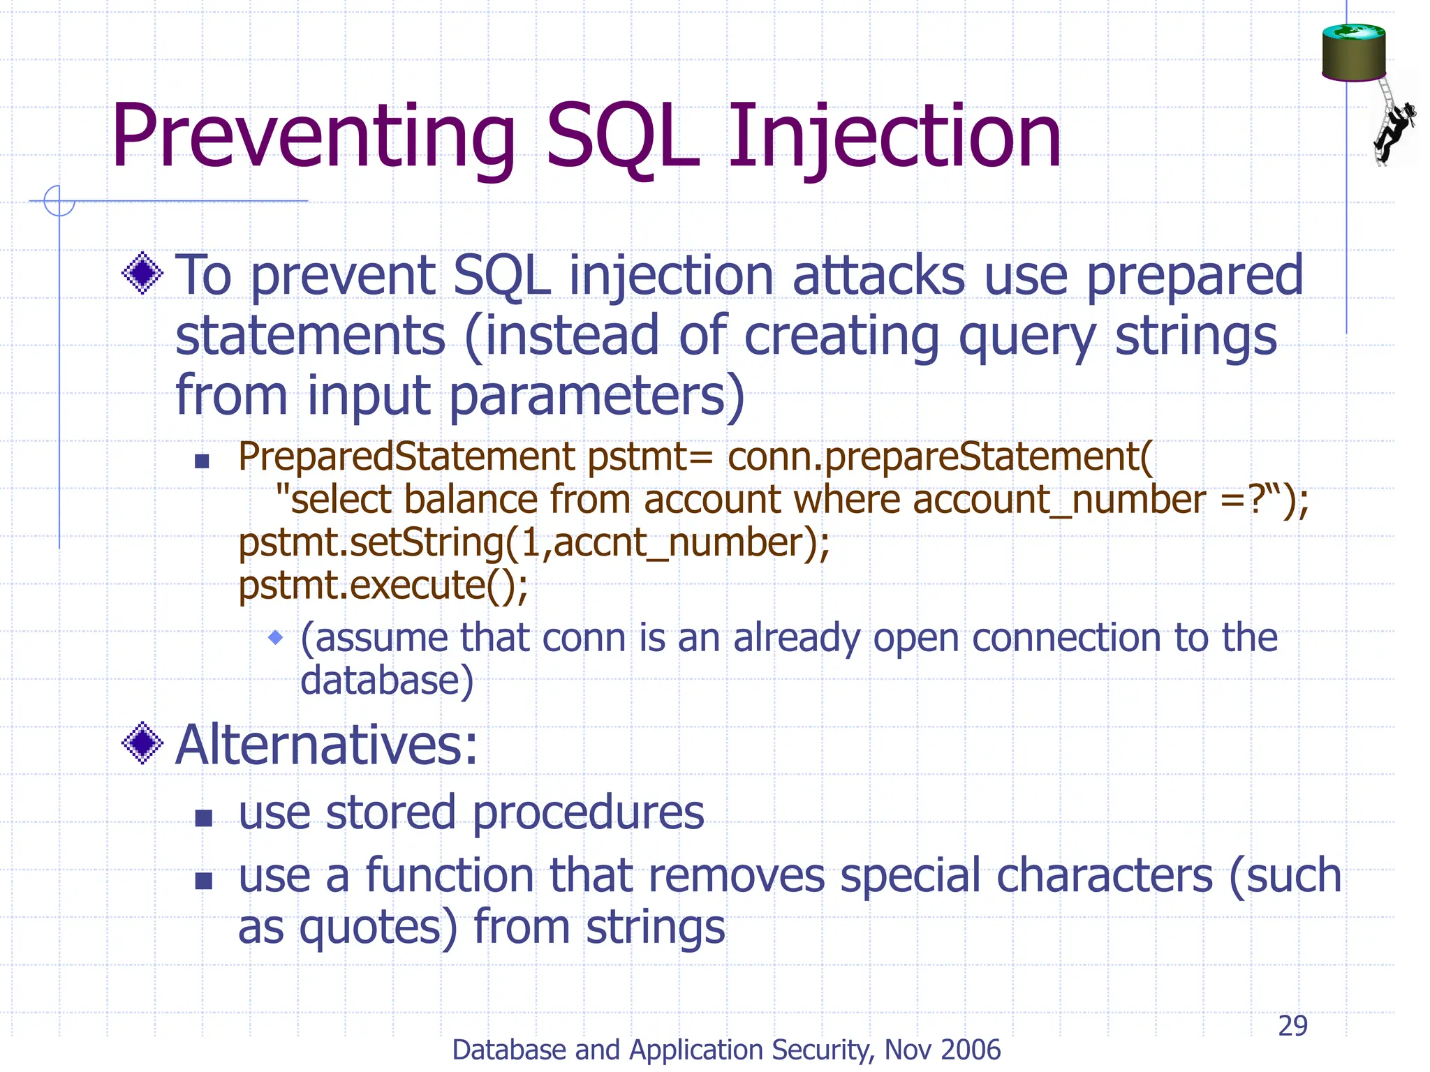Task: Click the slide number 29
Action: (x=1292, y=1025)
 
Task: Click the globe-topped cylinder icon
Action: (x=1353, y=52)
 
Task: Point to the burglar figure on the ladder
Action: (x=1394, y=129)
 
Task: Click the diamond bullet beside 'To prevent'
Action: (x=142, y=274)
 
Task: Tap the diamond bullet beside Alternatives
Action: (x=142, y=743)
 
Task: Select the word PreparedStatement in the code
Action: (x=406, y=457)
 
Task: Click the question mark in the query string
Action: (x=1256, y=500)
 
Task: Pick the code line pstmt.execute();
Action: (x=383, y=585)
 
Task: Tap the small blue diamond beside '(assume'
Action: (x=277, y=636)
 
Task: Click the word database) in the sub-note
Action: (x=387, y=680)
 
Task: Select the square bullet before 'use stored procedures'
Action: (x=203, y=817)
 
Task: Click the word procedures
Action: (x=588, y=812)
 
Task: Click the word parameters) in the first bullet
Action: (x=597, y=395)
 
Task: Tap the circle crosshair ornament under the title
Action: (x=59, y=201)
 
